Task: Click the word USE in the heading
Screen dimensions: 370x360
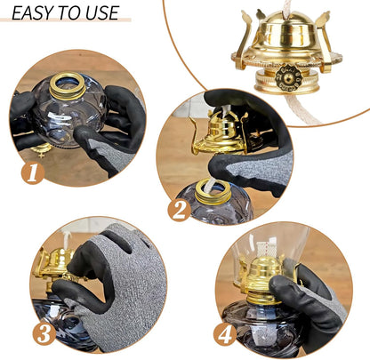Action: pyautogui.click(x=102, y=12)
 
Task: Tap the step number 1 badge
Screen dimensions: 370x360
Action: pyautogui.click(x=33, y=172)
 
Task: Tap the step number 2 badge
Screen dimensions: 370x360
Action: pyautogui.click(x=179, y=210)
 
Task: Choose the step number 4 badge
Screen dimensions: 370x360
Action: pyautogui.click(x=225, y=334)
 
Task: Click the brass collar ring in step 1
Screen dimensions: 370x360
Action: pyautogui.click(x=68, y=86)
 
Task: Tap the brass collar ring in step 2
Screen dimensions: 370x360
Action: pyautogui.click(x=213, y=192)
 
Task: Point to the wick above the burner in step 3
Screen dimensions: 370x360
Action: pyautogui.click(x=67, y=239)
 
